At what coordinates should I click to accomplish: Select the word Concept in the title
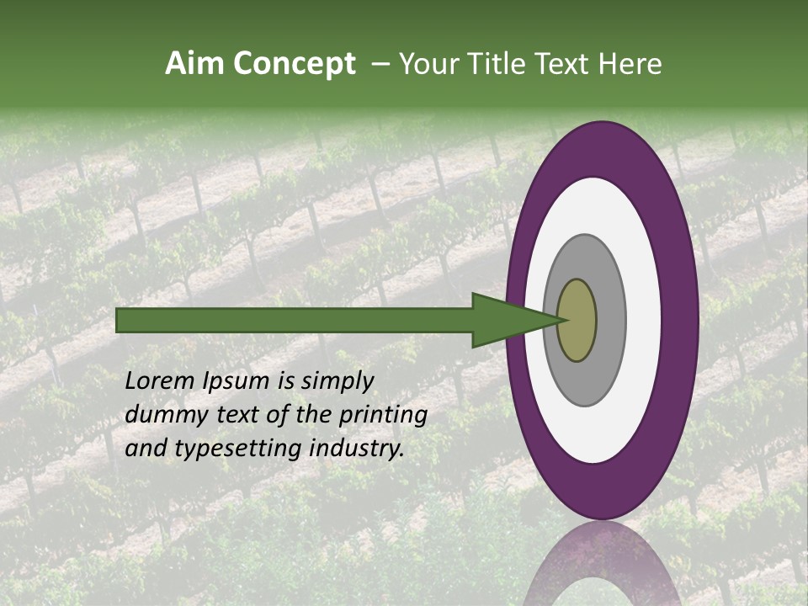[x=294, y=65]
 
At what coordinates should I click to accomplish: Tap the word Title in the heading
[x=497, y=65]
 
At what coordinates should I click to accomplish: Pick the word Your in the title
[x=428, y=65]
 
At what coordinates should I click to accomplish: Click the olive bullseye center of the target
[x=577, y=320]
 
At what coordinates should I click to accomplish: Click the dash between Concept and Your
[x=380, y=65]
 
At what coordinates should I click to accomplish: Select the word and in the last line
[x=145, y=449]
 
